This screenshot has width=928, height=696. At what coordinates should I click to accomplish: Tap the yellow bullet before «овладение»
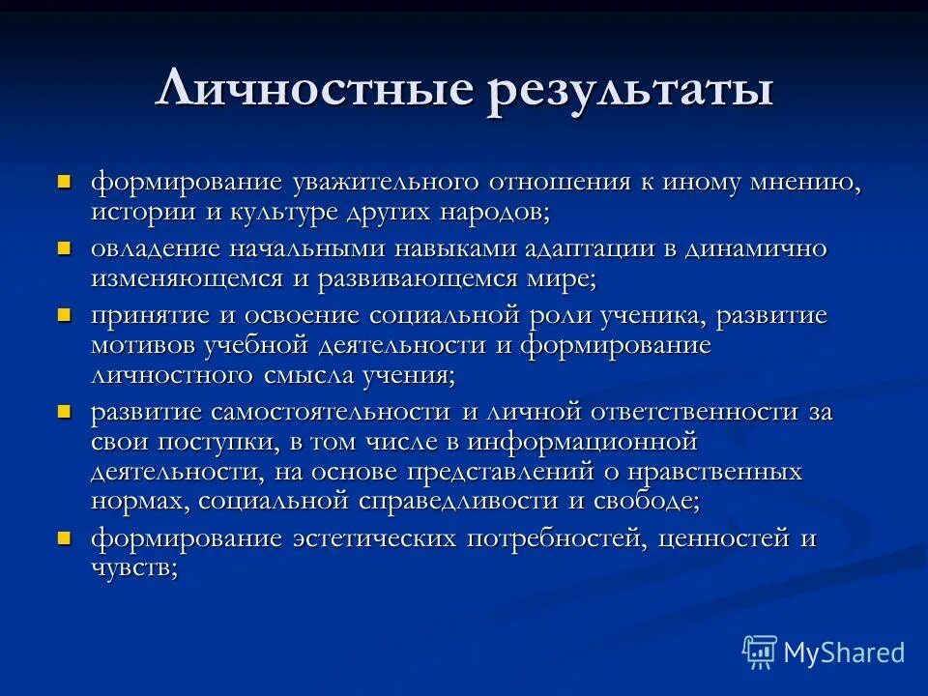pos(65,247)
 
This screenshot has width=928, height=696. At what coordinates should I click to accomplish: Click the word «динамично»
pos(756,248)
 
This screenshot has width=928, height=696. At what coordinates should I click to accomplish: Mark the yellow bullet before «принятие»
pos(65,314)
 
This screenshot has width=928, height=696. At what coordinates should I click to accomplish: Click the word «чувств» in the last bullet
pos(131,568)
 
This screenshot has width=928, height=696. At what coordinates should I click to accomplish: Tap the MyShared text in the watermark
pos(844,652)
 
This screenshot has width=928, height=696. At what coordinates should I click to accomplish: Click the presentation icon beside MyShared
pos(759,652)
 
